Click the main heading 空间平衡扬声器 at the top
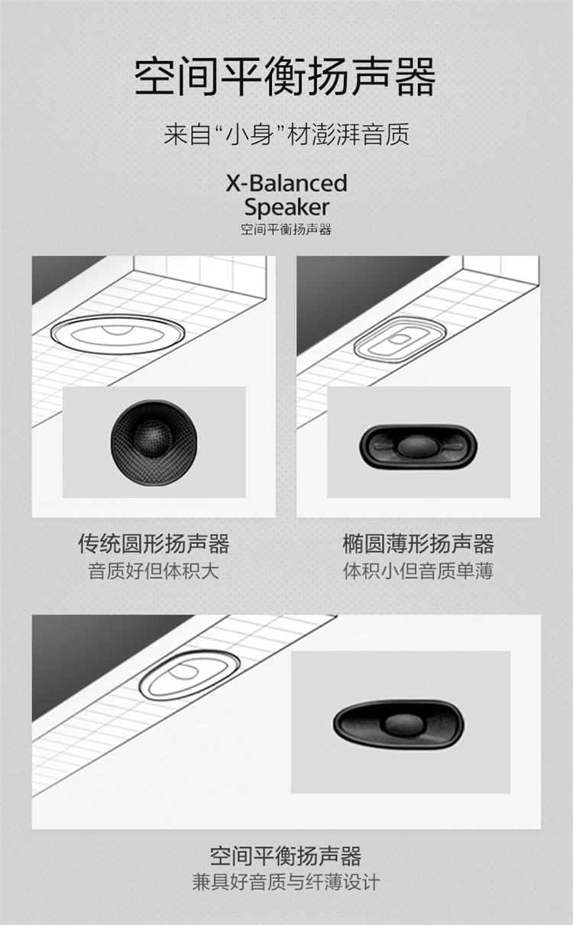286,77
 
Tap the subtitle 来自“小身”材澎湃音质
286,134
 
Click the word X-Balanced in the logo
286,183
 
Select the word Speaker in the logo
286,207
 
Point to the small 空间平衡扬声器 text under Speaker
286,230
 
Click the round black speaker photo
154,442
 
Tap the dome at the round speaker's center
151,439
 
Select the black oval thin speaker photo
418,446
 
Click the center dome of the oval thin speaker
417,447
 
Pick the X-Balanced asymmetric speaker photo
399,725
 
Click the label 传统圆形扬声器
154,543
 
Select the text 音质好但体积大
154,571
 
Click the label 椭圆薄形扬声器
418,543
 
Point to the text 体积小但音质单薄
418,571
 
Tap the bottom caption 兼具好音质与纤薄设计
286,882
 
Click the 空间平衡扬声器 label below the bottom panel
286,855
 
